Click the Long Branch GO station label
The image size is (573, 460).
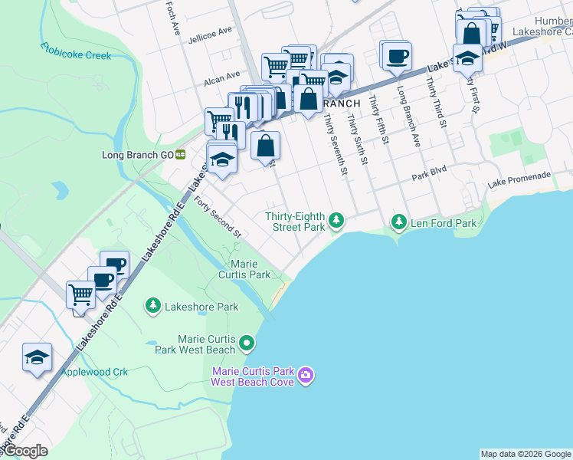[138, 155]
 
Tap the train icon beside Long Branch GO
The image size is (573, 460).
[181, 154]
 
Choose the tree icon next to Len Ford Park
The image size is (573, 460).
[398, 222]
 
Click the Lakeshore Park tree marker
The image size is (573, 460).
[153, 306]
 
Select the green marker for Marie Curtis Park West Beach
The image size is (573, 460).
[247, 343]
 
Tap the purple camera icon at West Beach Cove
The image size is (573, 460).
[306, 375]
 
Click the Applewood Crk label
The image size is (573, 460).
[94, 372]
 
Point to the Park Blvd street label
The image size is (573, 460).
[428, 176]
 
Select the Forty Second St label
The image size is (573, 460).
[218, 217]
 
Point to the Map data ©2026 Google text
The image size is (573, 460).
[526, 454]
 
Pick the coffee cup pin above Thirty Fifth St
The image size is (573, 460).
[397, 55]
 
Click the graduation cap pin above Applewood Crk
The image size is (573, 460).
[38, 357]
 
